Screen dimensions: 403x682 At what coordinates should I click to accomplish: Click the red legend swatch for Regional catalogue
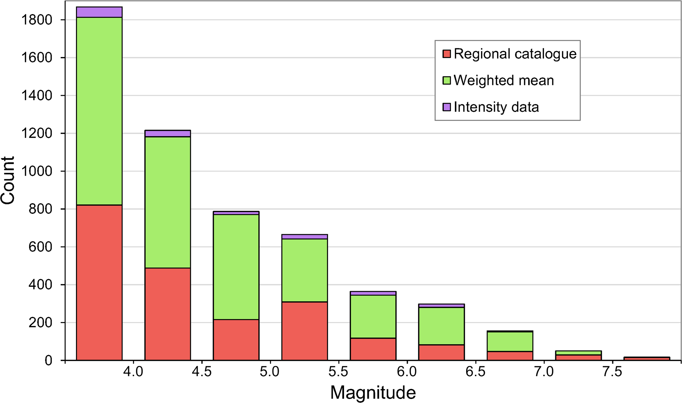coord(447,54)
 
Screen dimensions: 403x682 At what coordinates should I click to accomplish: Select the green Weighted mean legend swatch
coord(447,81)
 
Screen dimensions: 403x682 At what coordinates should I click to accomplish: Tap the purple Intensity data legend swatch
coord(447,107)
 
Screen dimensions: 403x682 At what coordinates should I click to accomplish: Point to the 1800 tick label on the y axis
coord(37,20)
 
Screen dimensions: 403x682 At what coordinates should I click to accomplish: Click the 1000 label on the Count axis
coord(37,171)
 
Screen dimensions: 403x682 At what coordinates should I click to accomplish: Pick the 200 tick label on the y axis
coord(40,323)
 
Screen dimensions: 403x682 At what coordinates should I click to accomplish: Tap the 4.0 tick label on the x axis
coord(133,372)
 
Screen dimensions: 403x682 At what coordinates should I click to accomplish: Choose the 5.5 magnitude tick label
coord(339,372)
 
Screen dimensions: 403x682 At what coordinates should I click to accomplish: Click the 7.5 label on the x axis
coord(613,372)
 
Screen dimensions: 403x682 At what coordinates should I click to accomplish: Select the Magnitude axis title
coord(373,393)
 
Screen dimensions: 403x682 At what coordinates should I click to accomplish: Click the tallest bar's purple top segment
coord(99,12)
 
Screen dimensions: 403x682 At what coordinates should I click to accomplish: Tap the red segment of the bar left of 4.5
coord(168,314)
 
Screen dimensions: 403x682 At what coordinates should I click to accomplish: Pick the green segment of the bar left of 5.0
coord(236,267)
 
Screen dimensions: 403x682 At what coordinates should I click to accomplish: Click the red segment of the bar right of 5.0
coord(304,331)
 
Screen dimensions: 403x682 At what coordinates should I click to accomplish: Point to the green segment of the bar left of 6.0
coord(373,317)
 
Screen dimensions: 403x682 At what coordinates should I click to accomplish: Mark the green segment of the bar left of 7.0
coord(510,341)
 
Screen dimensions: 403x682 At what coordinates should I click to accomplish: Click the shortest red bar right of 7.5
coord(647,359)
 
